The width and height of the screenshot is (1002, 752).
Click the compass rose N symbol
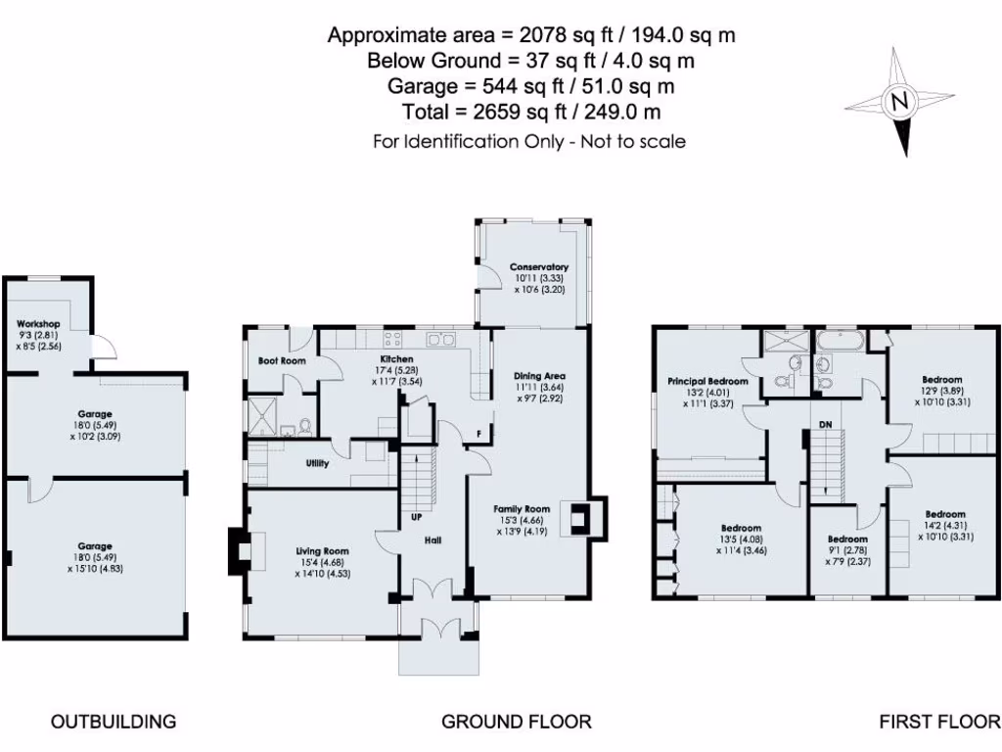point(899,101)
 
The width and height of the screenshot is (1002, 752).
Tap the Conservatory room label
point(538,267)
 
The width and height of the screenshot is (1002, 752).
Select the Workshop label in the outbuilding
point(38,324)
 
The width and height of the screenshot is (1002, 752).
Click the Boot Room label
point(282,361)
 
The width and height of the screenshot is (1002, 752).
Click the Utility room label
point(317,463)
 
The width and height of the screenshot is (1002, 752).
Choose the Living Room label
point(322,551)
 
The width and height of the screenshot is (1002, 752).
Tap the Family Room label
point(521,509)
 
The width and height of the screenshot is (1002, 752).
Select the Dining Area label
point(539,376)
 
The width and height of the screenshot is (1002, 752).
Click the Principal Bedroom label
point(707,382)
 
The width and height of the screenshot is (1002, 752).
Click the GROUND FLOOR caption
point(516,723)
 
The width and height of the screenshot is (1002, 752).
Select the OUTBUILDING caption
point(114,723)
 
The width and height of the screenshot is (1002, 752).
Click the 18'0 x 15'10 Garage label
point(95,546)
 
